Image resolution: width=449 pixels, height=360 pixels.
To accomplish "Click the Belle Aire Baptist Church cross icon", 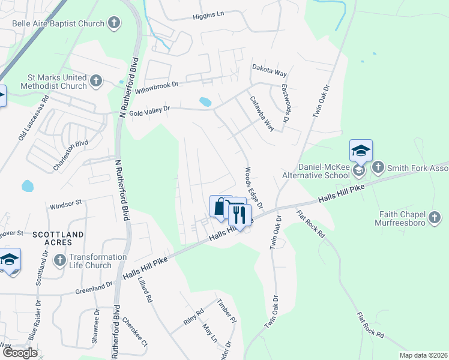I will tap(113, 23).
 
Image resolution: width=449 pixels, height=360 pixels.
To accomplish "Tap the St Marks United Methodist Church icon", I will tap(96, 81).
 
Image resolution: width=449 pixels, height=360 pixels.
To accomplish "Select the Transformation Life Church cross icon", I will tap(59, 260).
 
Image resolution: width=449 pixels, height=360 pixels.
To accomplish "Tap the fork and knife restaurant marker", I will tap(240, 214).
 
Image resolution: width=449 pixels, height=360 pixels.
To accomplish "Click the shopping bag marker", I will tap(220, 207).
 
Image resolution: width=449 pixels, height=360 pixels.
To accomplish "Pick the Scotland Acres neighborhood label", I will tap(52, 238).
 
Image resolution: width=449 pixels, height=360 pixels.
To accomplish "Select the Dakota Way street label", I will tap(269, 70).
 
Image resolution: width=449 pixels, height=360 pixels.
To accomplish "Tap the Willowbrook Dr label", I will tap(157, 88).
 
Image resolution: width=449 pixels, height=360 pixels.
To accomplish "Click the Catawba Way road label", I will tap(262, 114).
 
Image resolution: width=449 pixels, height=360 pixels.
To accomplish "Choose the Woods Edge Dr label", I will tap(253, 188).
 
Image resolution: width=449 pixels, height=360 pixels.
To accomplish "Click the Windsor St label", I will tap(65, 203).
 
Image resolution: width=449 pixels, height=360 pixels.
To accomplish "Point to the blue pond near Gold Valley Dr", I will tap(205, 101).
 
